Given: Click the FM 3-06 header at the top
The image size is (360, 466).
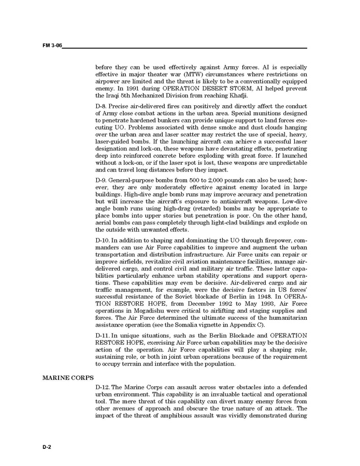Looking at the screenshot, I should click(x=52, y=46).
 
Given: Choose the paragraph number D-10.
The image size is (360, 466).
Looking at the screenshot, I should click(x=104, y=241).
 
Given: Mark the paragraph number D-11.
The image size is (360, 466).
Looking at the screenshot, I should click(x=104, y=335).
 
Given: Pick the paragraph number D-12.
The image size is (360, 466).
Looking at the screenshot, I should click(x=104, y=388).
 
